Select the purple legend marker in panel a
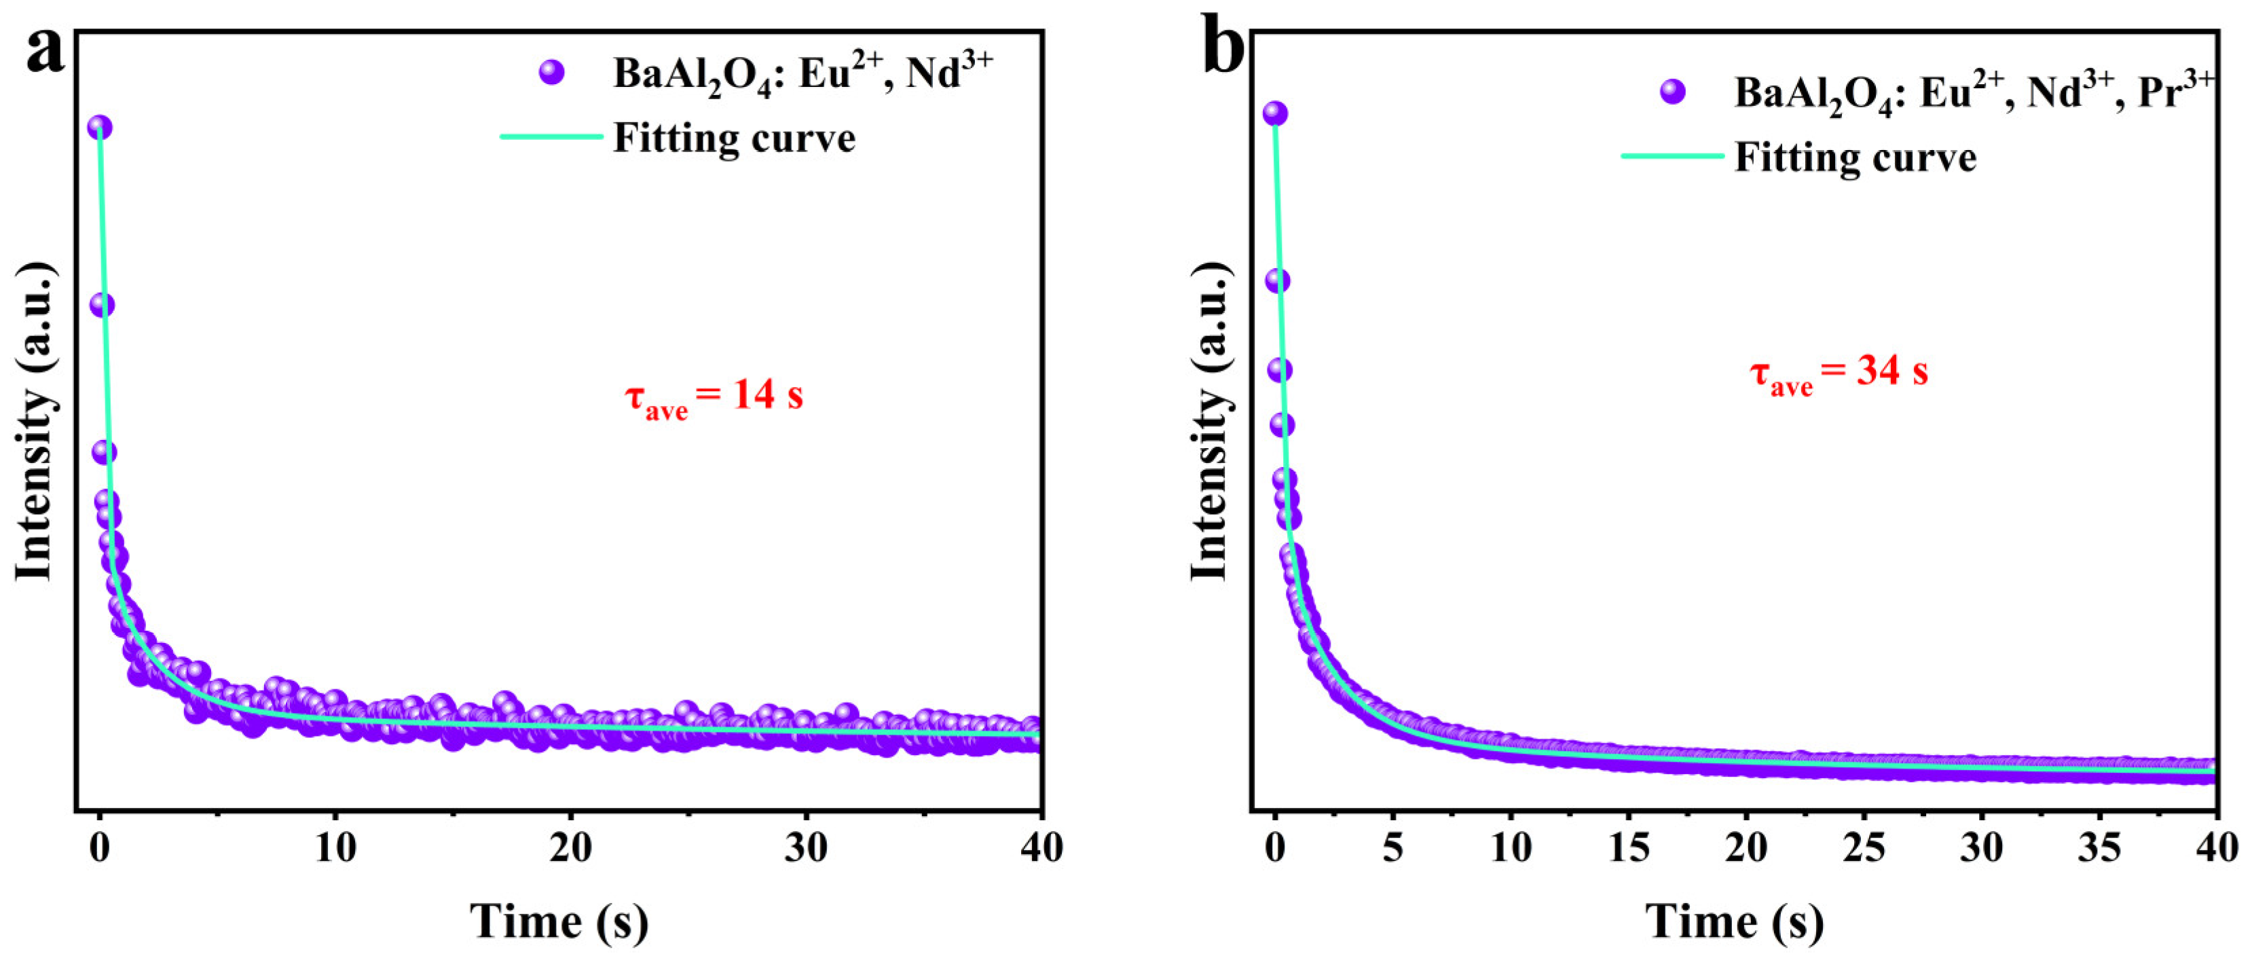pos(551,73)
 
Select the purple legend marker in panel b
pos(1672,92)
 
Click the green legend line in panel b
pos(1672,156)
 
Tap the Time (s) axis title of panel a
pos(559,921)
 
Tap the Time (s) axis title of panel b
pos(1735,921)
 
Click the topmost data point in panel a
pos(100,128)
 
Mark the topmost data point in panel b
pos(1274,113)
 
